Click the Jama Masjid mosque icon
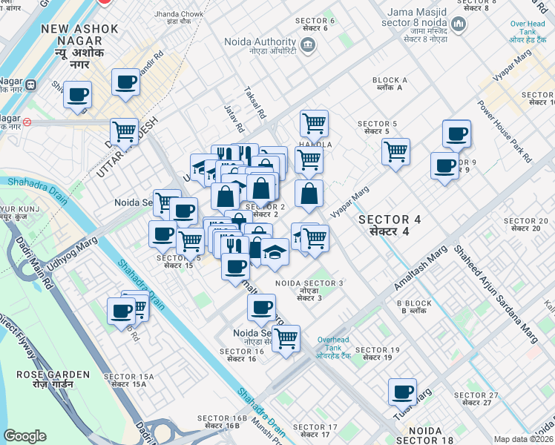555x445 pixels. point(457,24)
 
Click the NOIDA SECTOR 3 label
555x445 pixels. point(309,289)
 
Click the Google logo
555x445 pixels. point(24,436)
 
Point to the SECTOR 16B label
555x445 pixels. point(222,422)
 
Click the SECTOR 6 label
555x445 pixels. point(315,24)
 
